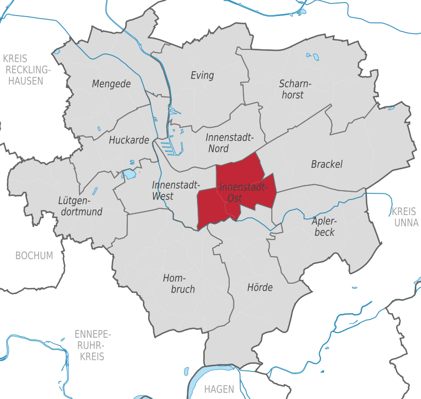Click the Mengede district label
111,84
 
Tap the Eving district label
202,75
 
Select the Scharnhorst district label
295,89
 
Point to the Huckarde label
129,140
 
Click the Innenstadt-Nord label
229,143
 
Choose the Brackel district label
327,164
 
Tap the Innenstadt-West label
170,190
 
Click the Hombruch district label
179,284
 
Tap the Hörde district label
260,287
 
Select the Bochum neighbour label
34,256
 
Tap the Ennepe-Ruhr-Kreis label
93,345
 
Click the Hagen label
219,389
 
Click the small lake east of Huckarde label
128,174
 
